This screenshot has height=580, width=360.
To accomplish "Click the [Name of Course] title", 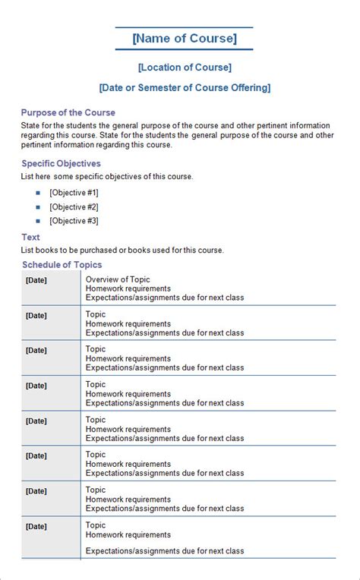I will click(x=184, y=39).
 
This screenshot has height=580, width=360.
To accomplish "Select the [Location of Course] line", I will click(x=185, y=68).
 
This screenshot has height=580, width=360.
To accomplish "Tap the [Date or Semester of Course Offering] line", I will click(x=185, y=88).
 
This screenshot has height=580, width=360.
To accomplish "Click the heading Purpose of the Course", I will click(x=68, y=112).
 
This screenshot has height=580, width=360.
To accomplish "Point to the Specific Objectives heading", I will click(x=61, y=163).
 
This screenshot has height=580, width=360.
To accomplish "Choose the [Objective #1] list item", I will click(x=74, y=193).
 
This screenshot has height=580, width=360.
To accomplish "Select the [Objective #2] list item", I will click(x=74, y=206).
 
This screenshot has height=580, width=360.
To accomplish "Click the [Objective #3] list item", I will click(x=74, y=221).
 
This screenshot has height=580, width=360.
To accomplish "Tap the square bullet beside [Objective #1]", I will click(x=38, y=193).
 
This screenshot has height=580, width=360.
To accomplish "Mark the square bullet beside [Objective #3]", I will click(x=38, y=221).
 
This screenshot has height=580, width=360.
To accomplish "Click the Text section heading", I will click(x=30, y=237).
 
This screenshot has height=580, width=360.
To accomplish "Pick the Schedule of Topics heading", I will click(x=62, y=264).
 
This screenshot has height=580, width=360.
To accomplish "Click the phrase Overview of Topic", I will click(x=118, y=279).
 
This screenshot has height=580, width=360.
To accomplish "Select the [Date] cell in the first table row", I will click(x=36, y=280).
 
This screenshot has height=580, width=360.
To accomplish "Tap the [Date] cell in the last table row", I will click(x=36, y=525).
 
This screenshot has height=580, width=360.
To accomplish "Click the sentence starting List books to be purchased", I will click(x=122, y=250).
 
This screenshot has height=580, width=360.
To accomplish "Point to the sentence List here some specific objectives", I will click(x=107, y=176).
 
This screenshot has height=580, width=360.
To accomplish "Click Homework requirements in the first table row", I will click(x=128, y=288).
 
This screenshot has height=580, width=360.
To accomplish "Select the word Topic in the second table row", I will click(x=96, y=314).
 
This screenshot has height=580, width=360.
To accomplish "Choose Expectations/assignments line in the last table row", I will click(x=165, y=550).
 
